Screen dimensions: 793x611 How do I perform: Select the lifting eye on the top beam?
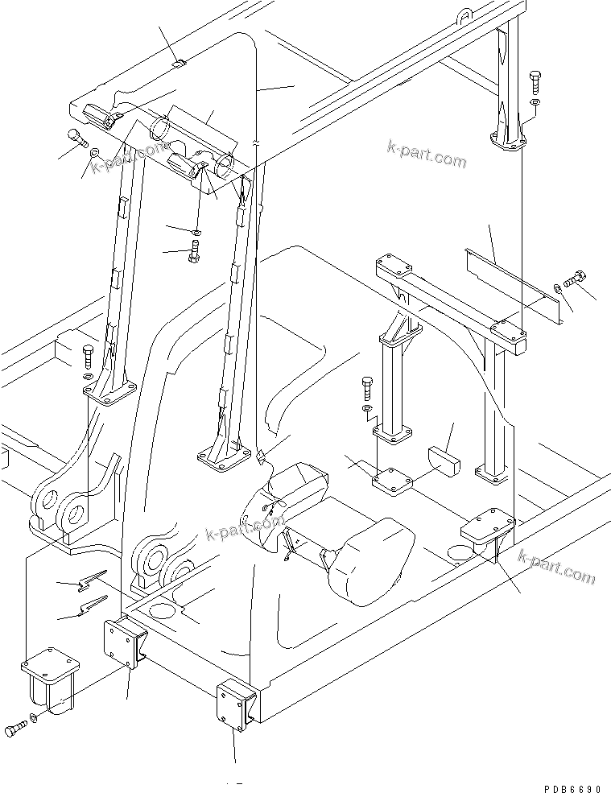[x=465, y=14]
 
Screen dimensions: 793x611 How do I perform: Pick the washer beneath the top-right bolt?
[x=535, y=102]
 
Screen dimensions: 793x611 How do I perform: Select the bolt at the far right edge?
[x=576, y=279]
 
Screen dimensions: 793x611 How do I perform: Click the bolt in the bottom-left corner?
[x=15, y=727]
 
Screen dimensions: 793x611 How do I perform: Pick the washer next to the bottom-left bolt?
[x=32, y=719]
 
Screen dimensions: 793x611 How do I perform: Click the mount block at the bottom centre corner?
[x=236, y=706]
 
